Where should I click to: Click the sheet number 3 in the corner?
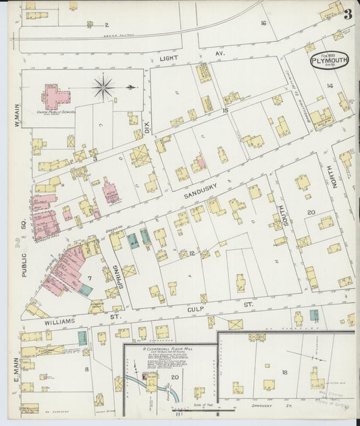click(x=346, y=14)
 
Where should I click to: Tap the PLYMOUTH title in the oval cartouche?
click(x=330, y=60)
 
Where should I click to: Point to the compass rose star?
click(x=103, y=86)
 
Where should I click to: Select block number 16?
click(x=263, y=24)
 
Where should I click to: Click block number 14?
click(x=329, y=86)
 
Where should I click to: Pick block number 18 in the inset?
click(x=284, y=372)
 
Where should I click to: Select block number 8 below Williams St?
click(x=86, y=369)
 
